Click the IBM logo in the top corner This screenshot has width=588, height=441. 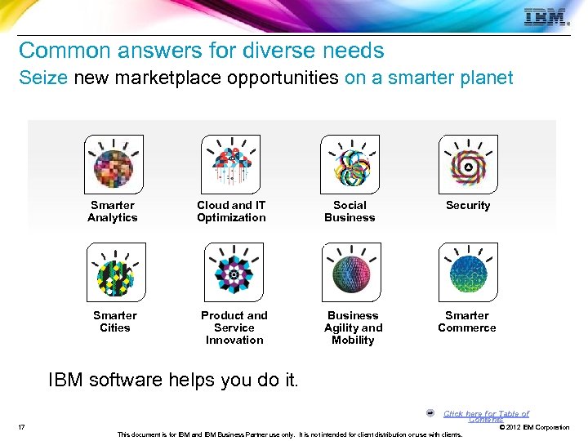pos(546,17)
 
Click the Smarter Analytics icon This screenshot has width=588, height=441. pos(114,164)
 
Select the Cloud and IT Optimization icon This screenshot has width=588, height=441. pos(230,164)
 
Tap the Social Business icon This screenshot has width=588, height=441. pos(350,164)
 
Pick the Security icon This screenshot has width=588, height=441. pos(467,164)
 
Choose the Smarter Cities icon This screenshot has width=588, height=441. pos(115,272)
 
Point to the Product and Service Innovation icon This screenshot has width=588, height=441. pos(234,272)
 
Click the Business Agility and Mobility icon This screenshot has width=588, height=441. pos(352,272)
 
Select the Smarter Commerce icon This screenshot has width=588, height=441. pos(467,272)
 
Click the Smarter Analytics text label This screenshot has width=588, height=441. pos(113,212)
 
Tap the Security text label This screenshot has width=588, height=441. pos(468,206)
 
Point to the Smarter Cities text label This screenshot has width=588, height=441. pos(115,322)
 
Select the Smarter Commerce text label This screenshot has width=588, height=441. pos(467,322)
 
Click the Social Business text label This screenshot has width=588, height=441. pos(350,212)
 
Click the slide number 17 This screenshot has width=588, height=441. pos(20,427)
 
